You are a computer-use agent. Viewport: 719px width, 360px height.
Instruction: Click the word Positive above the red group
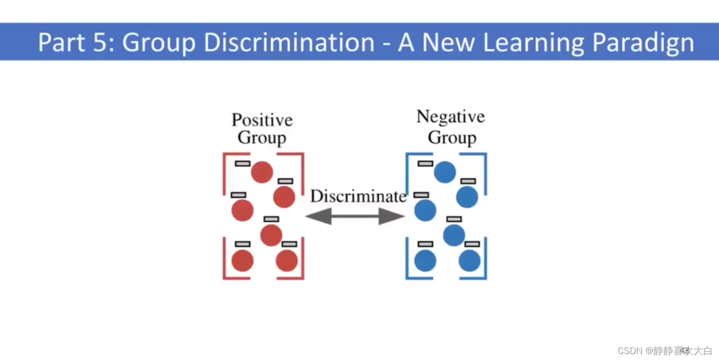pyautogui.click(x=262, y=120)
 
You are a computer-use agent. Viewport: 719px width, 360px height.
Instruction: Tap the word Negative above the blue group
pyautogui.click(x=450, y=117)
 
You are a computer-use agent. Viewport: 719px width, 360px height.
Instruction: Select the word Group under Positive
pyautogui.click(x=262, y=138)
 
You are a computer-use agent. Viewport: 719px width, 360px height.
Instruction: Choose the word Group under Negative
pyautogui.click(x=452, y=138)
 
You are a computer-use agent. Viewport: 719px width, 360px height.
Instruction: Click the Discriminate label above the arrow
pyautogui.click(x=358, y=197)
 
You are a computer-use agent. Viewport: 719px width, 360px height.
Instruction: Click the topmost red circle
pyautogui.click(x=262, y=172)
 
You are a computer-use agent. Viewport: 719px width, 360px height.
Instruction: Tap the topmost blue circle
pyautogui.click(x=445, y=172)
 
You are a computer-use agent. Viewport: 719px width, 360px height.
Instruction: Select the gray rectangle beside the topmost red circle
pyautogui.click(x=242, y=163)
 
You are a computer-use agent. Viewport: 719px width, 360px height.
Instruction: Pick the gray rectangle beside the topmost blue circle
pyautogui.click(x=425, y=163)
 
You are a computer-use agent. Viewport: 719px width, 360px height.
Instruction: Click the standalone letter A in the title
pyautogui.click(x=406, y=43)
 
